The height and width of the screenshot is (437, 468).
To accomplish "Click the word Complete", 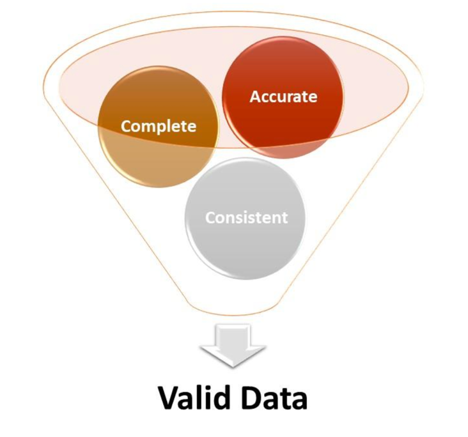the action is click(x=159, y=126).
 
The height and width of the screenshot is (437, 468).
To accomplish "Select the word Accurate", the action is click(x=283, y=96).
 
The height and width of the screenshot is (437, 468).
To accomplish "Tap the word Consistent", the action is click(x=246, y=217).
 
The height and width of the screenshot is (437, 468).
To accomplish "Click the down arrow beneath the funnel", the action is click(x=233, y=345).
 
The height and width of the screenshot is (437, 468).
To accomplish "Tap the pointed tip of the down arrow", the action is click(x=233, y=365).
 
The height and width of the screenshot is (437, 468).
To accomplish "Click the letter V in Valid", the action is click(x=168, y=399).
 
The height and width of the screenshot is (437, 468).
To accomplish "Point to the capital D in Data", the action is click(x=254, y=399).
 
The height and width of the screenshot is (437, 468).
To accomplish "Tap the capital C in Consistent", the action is click(x=210, y=218).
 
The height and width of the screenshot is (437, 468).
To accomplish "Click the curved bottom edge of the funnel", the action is click(x=233, y=313).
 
